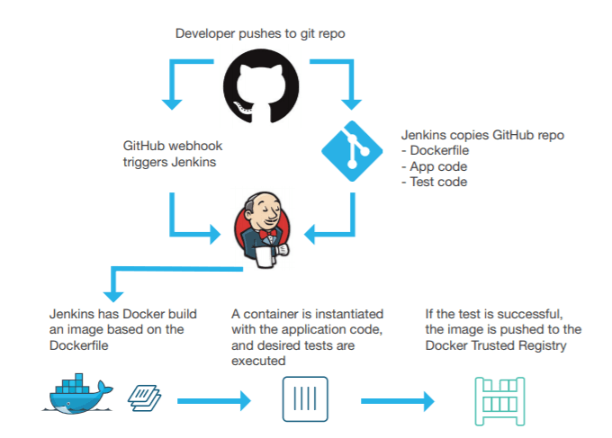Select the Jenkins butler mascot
262,228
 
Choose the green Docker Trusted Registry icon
498,398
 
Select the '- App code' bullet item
434,166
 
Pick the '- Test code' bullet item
434,182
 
